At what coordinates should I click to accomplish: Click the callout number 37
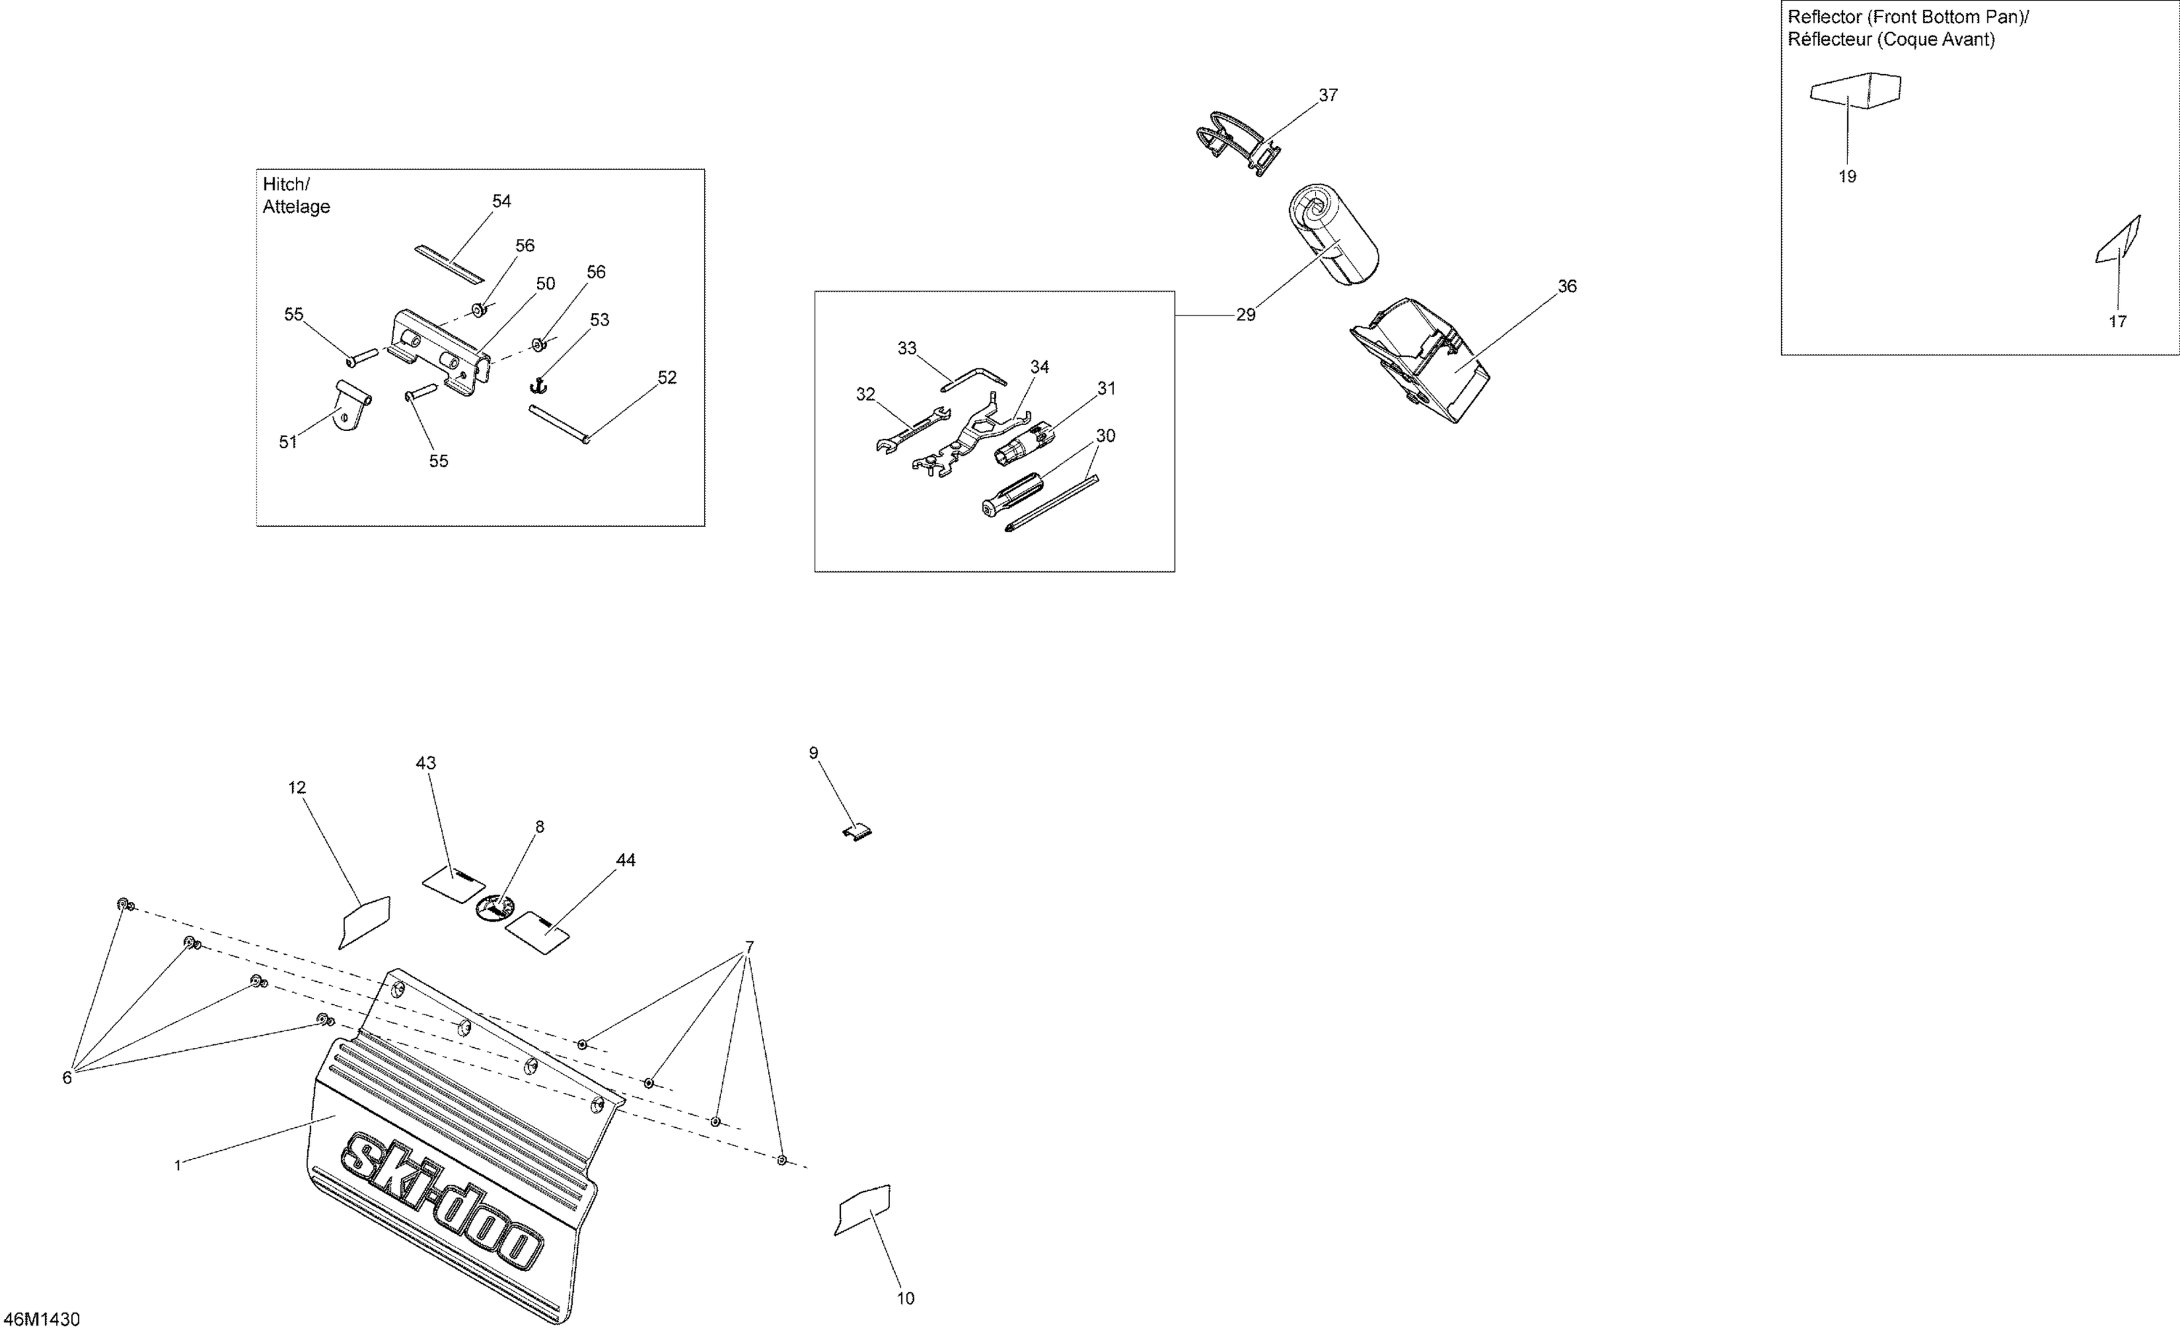tap(1328, 95)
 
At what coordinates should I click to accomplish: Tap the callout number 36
tap(1567, 286)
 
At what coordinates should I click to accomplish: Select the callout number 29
tap(1246, 315)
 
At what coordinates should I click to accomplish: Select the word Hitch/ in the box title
tap(286, 185)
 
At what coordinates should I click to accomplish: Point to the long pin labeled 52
tap(559, 424)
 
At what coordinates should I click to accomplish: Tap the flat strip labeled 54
tap(451, 265)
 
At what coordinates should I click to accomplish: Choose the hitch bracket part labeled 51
tap(352, 406)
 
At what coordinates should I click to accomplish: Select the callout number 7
tap(749, 948)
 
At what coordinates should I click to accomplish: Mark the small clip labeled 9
tap(857, 831)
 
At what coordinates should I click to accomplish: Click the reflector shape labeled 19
tap(1855, 90)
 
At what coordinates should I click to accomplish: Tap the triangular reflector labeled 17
tap(2119, 241)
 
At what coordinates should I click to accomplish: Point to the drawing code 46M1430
tap(41, 1320)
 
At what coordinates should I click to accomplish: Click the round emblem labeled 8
tap(496, 908)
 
